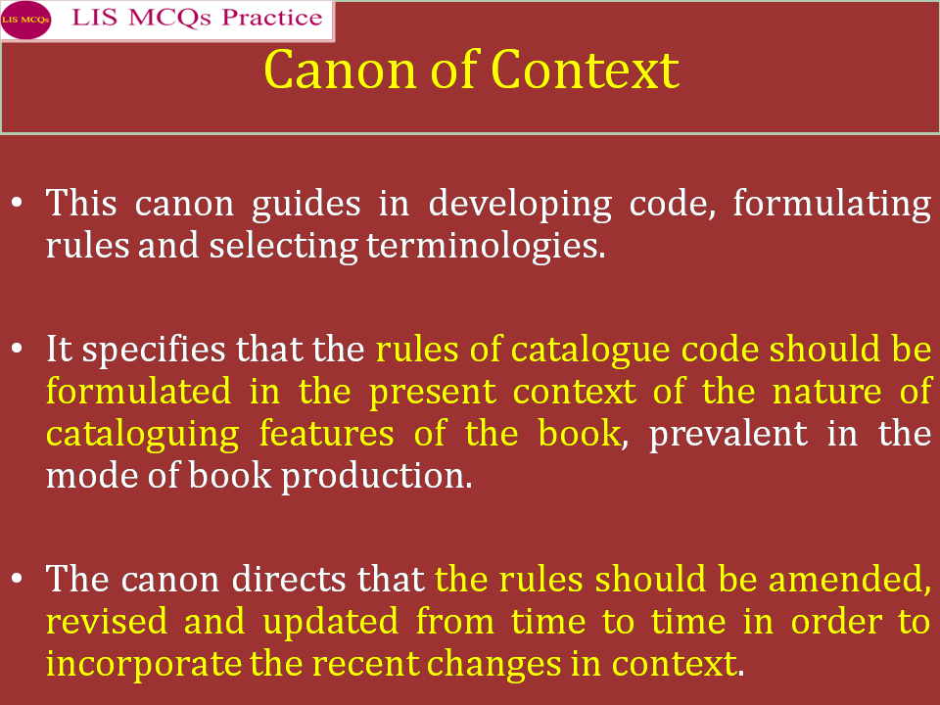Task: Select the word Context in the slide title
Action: click(x=585, y=70)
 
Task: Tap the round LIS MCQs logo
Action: click(x=25, y=20)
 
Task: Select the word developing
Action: click(x=515, y=206)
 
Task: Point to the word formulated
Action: click(x=138, y=391)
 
